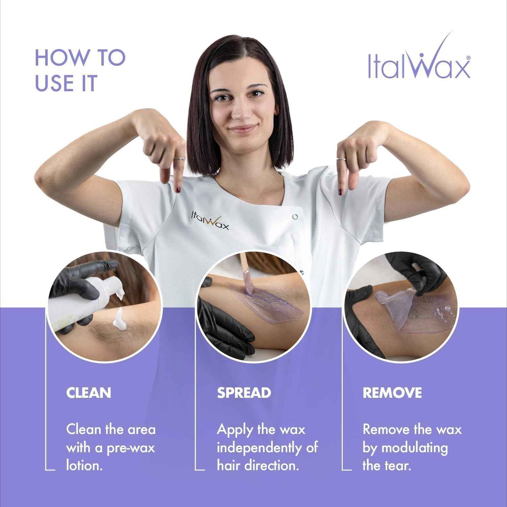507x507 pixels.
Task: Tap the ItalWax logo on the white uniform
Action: pyautogui.click(x=210, y=221)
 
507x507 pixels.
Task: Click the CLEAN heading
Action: pyautogui.click(x=88, y=393)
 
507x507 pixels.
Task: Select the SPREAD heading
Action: pyautogui.click(x=244, y=393)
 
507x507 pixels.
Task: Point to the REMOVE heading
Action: pyautogui.click(x=392, y=393)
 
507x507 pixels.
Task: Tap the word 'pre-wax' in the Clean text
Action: pyautogui.click(x=131, y=448)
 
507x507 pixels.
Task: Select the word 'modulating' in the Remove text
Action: pyautogui.click(x=414, y=448)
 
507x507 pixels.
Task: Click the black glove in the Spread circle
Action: pyautogui.click(x=225, y=332)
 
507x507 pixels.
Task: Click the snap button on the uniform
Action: pyautogui.click(x=295, y=216)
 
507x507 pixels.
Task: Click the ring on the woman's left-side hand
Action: pyautogui.click(x=179, y=159)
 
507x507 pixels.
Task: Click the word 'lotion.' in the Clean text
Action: pyautogui.click(x=84, y=466)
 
